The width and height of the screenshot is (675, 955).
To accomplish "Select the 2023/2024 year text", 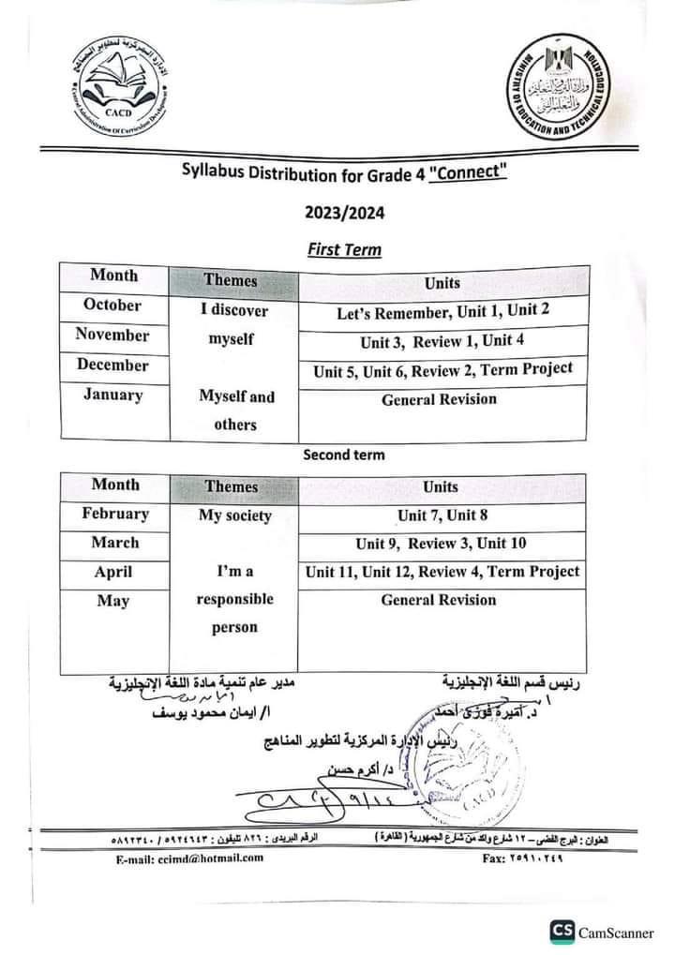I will pos(344,212).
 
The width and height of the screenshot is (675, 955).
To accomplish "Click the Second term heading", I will pos(343,455).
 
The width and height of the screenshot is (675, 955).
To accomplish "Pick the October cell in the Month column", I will pos(112,305).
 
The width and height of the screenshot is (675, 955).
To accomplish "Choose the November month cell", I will pos(112,335).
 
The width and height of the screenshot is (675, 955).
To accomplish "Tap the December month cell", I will pos(112,365).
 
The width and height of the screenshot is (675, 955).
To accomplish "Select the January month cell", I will pos(112,395).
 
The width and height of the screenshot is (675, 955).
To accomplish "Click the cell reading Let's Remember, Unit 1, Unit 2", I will pos(442,312).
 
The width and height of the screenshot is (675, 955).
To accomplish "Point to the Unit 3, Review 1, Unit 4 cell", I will pos(442,341).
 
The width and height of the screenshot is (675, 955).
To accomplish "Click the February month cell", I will pos(115,514).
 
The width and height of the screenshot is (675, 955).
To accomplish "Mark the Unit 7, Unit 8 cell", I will pos(441,515).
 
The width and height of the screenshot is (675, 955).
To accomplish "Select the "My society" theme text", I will pos(234,515).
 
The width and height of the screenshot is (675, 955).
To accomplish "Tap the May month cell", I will pos(113,601).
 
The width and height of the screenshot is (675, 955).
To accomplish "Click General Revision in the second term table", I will pos(439,600).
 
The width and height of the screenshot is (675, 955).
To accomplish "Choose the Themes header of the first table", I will pos(231,279).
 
